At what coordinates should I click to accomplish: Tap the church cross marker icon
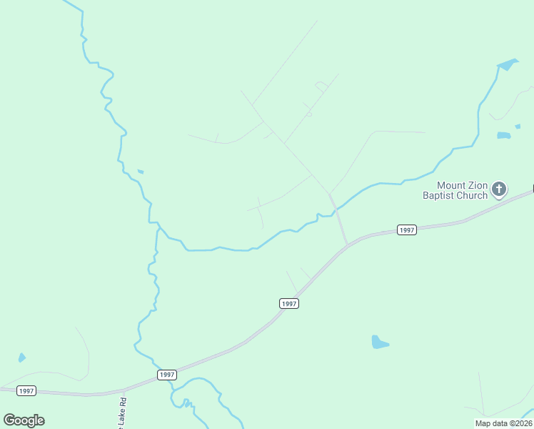coord(498,189)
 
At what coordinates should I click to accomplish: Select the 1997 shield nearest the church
coord(406,230)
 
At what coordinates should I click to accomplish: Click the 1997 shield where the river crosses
coord(166,375)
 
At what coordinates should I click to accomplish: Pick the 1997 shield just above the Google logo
coord(26,390)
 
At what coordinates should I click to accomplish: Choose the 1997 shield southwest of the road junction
coord(288,303)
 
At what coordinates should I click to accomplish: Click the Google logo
coord(24,420)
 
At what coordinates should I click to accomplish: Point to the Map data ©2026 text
coord(503,423)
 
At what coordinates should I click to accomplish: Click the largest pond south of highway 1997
coord(379,342)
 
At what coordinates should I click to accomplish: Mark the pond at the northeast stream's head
coord(507,64)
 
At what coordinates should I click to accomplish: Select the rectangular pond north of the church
coord(504,134)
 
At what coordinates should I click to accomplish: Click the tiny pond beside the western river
coord(141,171)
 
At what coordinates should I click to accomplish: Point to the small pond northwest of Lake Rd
coord(22,357)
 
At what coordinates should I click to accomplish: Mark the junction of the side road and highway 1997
coord(348,245)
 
